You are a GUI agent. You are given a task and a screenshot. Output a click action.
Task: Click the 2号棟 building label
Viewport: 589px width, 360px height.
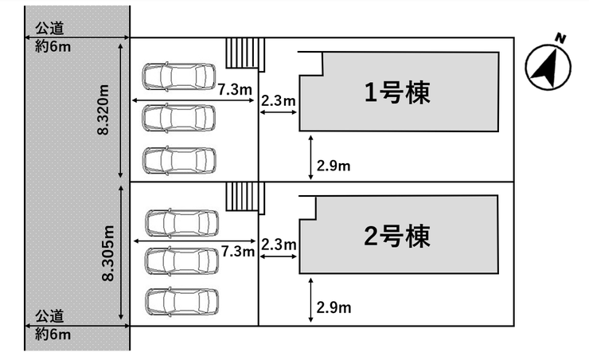[x=397, y=237]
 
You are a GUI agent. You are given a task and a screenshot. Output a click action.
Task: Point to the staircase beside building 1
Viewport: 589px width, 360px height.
[x=242, y=54]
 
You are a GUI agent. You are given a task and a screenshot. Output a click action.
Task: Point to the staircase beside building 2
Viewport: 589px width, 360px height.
[x=243, y=196]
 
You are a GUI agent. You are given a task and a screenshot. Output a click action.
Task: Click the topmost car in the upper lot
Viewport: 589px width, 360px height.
[x=179, y=76]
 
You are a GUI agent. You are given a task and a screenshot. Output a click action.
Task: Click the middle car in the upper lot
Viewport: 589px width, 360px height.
[x=179, y=118]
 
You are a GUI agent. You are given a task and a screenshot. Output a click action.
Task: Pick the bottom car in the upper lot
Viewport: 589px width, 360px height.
[x=179, y=159]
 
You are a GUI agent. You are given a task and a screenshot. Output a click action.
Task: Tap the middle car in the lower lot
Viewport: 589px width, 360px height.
[x=181, y=260]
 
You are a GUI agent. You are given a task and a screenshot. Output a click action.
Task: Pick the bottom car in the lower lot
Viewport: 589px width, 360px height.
[x=181, y=301]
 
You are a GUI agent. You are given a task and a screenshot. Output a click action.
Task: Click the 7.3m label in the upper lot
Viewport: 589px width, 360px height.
[x=236, y=90]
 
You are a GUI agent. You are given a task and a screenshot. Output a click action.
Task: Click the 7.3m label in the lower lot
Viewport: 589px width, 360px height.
[x=237, y=252]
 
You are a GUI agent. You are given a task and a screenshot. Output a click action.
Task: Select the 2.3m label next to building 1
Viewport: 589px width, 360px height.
[x=279, y=100]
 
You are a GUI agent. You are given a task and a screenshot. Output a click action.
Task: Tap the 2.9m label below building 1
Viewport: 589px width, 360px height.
[x=334, y=166]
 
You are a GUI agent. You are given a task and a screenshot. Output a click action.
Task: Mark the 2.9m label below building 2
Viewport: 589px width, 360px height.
[x=334, y=307]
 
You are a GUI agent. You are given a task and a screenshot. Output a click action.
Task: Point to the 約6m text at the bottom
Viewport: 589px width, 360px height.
[x=53, y=335]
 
